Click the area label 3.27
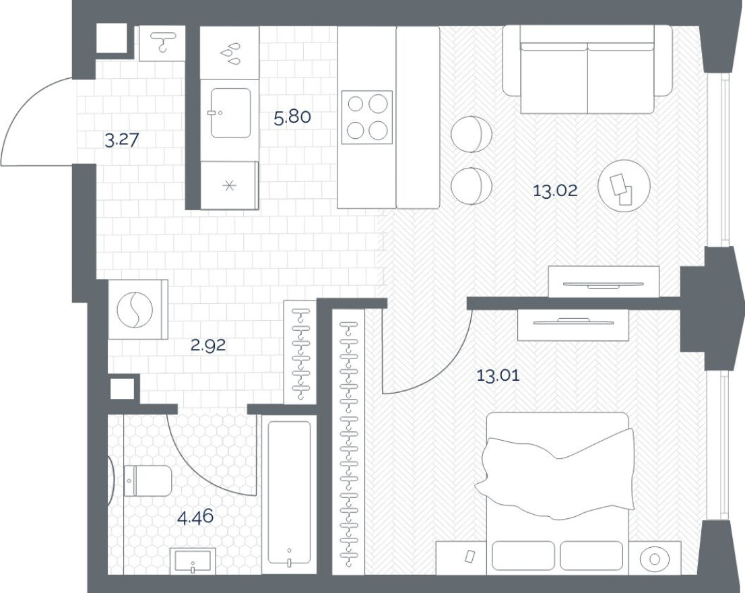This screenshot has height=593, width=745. click(125, 140)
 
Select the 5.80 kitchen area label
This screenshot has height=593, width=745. click(292, 117)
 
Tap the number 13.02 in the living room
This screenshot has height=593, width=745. click(555, 191)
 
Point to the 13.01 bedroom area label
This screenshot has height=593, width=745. click(498, 375)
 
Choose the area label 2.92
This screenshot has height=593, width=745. click(207, 346)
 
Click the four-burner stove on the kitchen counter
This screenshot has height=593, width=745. click(366, 117)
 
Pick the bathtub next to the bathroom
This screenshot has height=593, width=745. click(290, 493)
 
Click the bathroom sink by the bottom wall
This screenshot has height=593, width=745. click(193, 560)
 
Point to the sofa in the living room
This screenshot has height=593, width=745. click(587, 69)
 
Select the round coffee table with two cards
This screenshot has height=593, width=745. click(623, 187)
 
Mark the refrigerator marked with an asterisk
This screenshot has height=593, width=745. click(229, 185)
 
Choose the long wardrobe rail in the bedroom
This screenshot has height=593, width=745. click(348, 441)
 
